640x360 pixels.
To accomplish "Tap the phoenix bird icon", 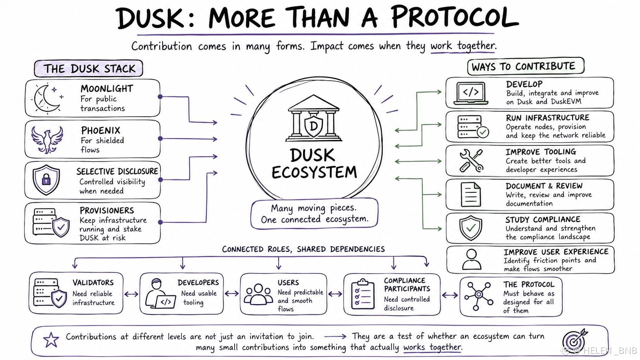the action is [47, 139].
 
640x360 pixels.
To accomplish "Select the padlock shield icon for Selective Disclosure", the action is [46, 179].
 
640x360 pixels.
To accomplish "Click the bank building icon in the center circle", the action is [314, 118].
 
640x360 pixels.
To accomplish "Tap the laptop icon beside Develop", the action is [470, 93].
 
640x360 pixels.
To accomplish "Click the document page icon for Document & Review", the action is [470, 195].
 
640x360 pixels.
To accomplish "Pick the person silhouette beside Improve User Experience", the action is [472, 259].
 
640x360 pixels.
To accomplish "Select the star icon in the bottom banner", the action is [51, 340].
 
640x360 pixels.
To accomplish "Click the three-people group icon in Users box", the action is [258, 294].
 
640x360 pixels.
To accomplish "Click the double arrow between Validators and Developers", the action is [131, 294].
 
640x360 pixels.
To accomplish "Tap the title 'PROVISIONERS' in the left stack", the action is [107, 211].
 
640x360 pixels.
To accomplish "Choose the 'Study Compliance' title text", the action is [543, 220].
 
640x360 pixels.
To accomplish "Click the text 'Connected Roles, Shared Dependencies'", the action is [304, 249].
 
